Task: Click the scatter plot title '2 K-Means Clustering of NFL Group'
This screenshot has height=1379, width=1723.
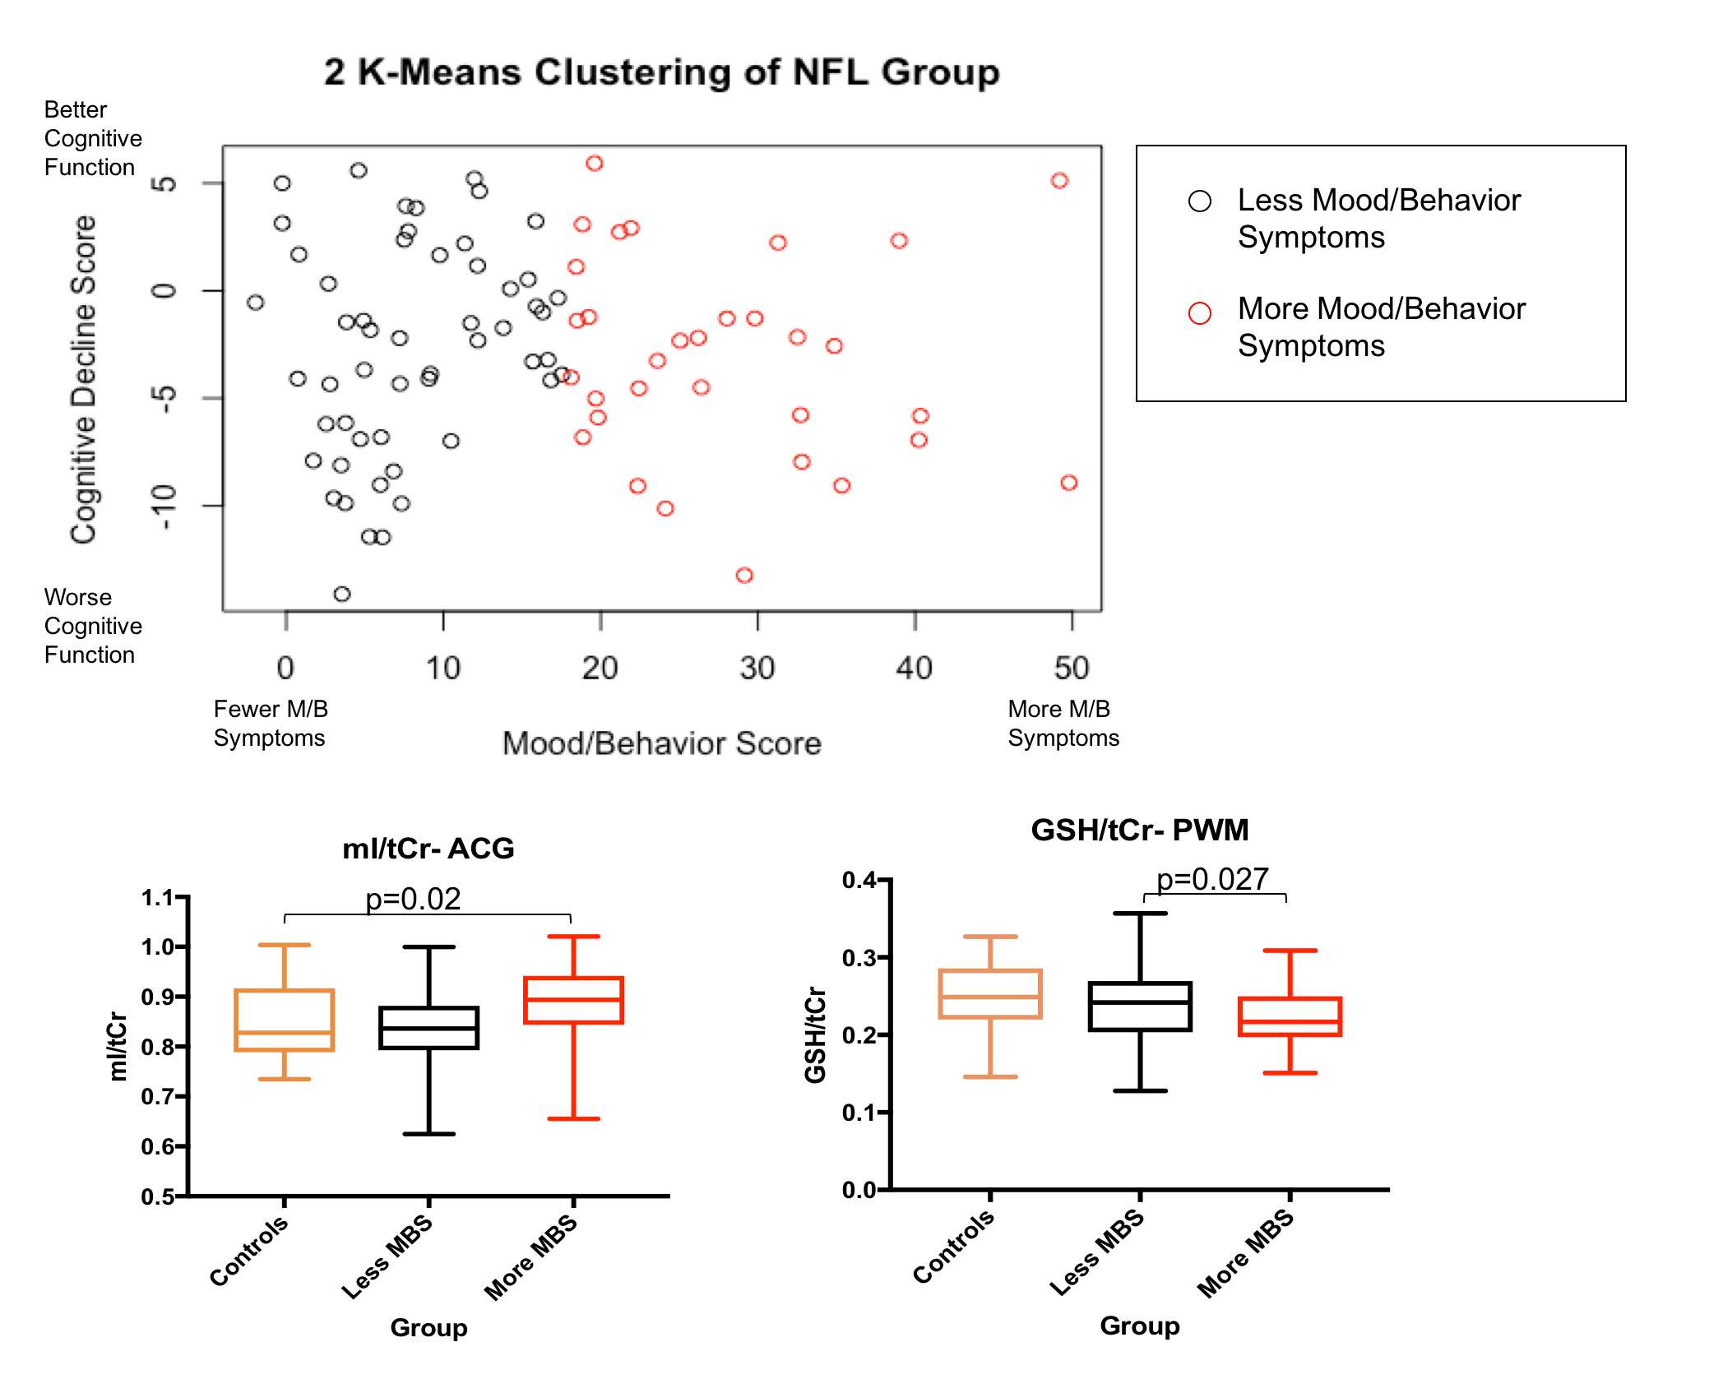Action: click(661, 72)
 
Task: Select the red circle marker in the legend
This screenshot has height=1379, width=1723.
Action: click(1200, 313)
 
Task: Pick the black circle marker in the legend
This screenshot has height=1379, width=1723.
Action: click(1200, 201)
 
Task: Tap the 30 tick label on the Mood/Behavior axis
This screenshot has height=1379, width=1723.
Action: click(757, 668)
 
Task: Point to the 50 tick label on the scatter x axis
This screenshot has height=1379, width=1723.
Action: click(1072, 668)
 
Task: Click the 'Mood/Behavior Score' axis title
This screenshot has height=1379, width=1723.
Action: click(662, 743)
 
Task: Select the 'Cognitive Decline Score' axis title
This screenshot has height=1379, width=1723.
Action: click(83, 380)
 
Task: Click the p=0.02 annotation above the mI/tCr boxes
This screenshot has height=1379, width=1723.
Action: click(413, 899)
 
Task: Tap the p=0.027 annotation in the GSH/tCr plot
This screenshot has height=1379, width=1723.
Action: click(1212, 879)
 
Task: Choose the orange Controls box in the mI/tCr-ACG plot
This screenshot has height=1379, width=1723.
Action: click(285, 1020)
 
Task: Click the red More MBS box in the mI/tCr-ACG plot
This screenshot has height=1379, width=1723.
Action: click(573, 1000)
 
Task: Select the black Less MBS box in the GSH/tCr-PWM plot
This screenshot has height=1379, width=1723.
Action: click(1140, 1006)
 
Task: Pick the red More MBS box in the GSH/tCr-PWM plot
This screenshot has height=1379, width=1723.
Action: click(1290, 1016)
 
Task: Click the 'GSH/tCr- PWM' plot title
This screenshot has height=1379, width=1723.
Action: click(1139, 830)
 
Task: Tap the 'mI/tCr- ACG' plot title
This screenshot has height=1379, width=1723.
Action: click(428, 848)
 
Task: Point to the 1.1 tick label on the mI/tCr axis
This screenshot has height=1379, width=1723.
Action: click(157, 897)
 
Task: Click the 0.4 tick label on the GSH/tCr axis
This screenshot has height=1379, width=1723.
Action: click(859, 880)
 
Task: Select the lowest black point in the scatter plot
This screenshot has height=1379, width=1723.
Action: click(342, 594)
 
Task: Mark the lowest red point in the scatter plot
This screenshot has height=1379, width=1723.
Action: click(744, 575)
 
